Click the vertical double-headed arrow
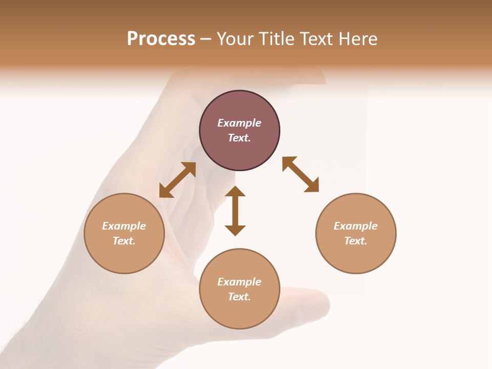[235, 211]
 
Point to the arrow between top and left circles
[177, 180]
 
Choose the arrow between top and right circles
[300, 174]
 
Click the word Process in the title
[161, 39]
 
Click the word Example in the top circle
[239, 123]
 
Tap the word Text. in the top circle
[239, 138]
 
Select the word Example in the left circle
[124, 226]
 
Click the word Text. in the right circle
[356, 241]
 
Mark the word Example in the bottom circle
[239, 282]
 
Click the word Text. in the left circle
[124, 241]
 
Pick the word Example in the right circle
[356, 226]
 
